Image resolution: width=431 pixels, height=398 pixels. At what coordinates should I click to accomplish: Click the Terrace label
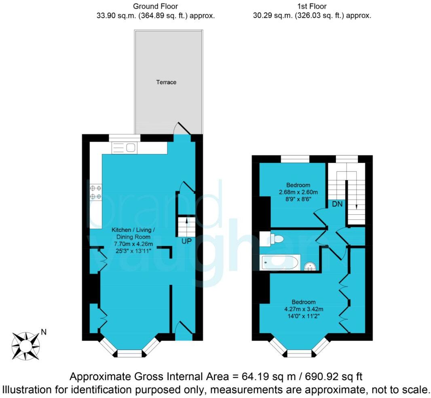tap(166, 82)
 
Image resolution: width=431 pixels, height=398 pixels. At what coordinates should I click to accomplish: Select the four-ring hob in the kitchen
tap(96, 192)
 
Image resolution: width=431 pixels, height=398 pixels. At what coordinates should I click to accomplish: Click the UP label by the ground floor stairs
tap(186, 240)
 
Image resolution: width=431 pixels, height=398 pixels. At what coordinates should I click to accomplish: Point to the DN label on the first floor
tap(337, 204)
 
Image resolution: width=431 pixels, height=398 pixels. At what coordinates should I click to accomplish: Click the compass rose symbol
tap(26, 346)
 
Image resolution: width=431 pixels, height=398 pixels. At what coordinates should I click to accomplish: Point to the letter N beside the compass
tap(44, 333)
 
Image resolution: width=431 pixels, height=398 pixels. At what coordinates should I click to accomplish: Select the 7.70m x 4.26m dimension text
tap(133, 244)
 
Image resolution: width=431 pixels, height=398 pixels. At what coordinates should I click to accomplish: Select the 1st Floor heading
tap(311, 6)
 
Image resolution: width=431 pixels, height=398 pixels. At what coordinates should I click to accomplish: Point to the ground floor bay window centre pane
tap(130, 354)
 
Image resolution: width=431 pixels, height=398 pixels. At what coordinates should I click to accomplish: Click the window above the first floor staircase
tap(346, 159)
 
